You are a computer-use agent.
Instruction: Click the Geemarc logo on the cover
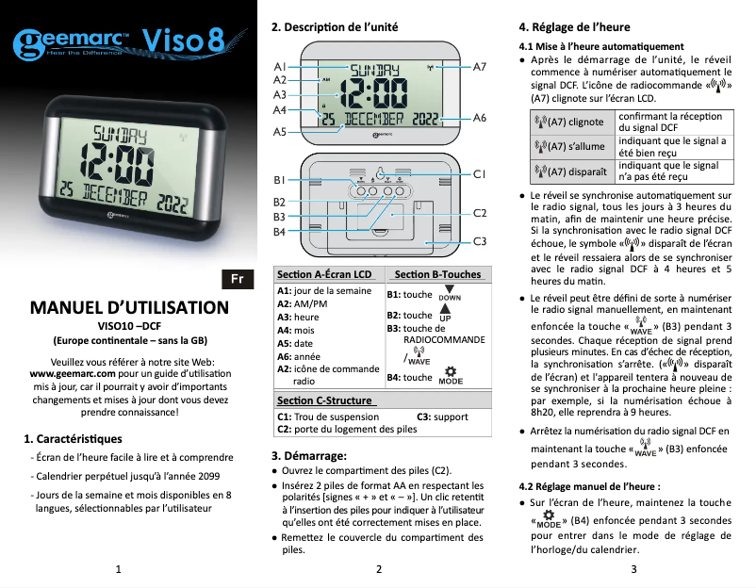(73, 42)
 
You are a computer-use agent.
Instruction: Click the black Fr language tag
(238, 280)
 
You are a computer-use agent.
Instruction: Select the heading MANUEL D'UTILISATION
(129, 308)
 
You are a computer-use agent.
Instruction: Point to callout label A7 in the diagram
(479, 67)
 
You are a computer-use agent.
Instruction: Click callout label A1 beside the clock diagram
(280, 67)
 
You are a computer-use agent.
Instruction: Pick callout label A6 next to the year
(479, 118)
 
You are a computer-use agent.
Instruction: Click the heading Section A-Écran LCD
(324, 274)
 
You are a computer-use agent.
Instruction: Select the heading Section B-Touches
(438, 274)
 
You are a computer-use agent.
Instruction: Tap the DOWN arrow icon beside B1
(450, 293)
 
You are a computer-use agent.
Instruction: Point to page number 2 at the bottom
(377, 569)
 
